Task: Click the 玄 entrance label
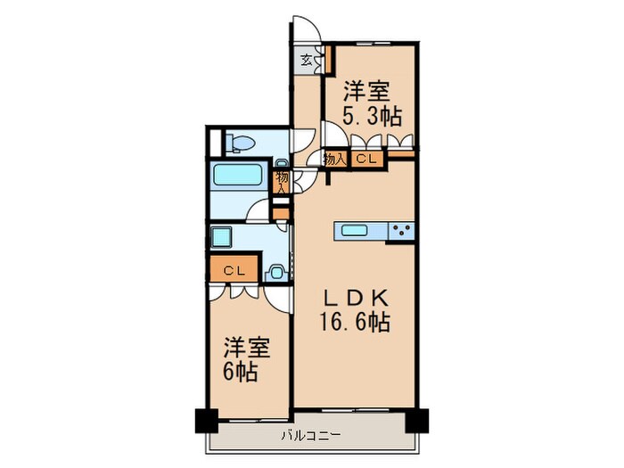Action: tap(306, 61)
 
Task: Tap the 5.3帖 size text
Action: tap(372, 116)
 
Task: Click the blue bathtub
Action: tap(238, 176)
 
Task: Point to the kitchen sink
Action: tap(359, 231)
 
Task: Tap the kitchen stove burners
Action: tap(401, 231)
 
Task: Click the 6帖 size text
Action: tap(242, 370)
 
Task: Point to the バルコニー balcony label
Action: tap(312, 436)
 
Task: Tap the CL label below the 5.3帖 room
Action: tap(365, 160)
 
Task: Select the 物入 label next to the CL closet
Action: tap(334, 160)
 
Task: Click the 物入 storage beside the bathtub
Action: tap(281, 181)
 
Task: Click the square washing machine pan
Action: tap(221, 238)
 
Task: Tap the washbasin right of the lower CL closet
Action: tap(276, 271)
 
